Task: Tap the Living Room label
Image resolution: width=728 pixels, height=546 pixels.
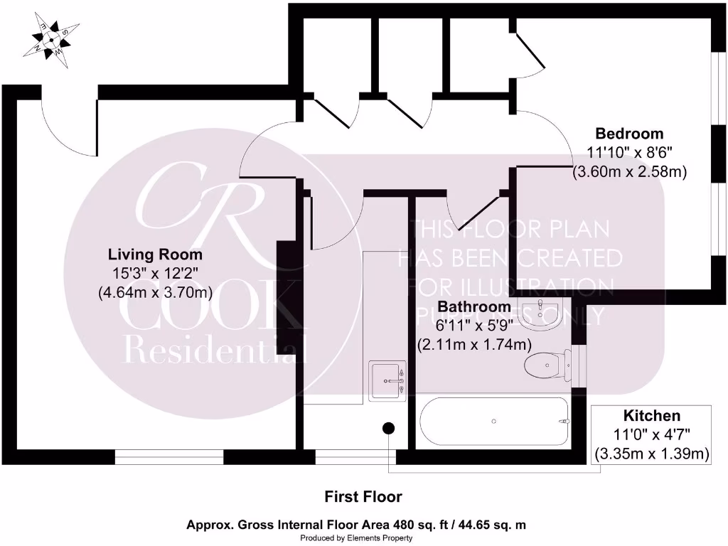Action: coord(155,255)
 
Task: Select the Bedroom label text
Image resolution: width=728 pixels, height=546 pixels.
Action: coord(629,134)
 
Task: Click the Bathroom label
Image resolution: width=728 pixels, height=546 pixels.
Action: coord(473,307)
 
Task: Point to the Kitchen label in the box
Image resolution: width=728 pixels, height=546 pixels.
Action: coord(652,416)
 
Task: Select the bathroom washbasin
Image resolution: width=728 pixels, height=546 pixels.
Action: coord(541,312)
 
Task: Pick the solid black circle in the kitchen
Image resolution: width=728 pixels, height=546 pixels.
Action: coord(389,428)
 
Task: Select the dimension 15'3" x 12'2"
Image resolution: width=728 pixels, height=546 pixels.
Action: coord(155,273)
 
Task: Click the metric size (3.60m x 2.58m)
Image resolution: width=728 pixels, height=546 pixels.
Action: coord(629,171)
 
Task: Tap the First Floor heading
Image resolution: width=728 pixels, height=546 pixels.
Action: coord(363,496)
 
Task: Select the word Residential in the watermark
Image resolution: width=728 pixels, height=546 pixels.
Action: coord(215,350)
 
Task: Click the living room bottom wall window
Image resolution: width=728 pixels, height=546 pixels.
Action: coord(169,456)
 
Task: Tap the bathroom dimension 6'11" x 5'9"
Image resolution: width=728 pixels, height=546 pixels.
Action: coord(473,326)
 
